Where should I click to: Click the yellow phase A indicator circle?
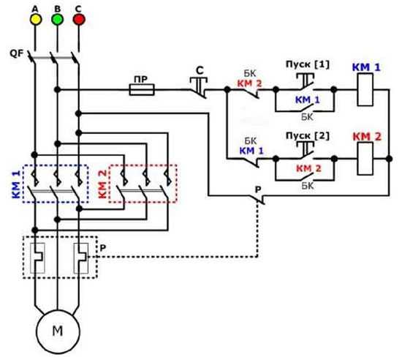point(36,20)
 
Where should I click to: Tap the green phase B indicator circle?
point(58,20)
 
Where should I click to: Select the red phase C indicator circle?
point(79,20)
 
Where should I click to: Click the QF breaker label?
point(16,53)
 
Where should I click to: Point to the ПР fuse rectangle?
point(142,90)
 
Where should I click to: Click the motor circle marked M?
point(58,331)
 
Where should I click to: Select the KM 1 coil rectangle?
point(365,89)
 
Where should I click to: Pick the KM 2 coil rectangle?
point(365,159)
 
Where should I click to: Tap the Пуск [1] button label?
point(308,64)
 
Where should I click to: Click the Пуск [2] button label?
point(308,136)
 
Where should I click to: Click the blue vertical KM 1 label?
point(16,184)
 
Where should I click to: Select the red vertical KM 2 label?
point(102,184)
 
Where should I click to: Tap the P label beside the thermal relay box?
point(103,248)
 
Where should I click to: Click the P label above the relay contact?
point(258,190)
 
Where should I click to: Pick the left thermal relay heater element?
point(38,258)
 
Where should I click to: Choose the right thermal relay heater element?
point(81,258)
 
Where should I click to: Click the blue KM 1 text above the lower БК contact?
point(251,151)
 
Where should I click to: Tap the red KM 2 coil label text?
point(367,137)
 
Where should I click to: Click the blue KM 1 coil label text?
point(366,67)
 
